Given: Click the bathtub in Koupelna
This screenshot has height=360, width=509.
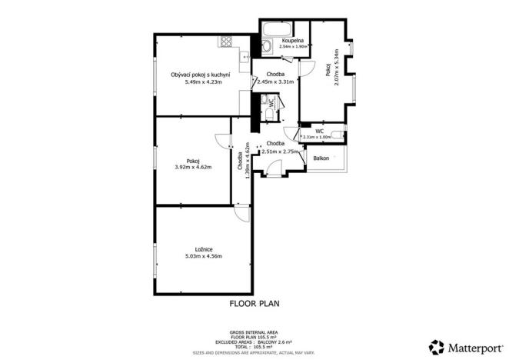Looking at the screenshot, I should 274,31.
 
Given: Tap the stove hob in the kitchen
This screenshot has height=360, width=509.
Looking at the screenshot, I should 226,42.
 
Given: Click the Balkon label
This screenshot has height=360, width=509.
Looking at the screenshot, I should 321,158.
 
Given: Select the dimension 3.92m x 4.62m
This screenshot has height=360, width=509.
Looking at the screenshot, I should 193,167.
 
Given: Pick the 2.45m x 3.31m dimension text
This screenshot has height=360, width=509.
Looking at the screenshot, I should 275,82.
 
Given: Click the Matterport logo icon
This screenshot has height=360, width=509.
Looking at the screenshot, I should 436,346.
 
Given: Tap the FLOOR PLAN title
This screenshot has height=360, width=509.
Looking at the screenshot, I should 254,304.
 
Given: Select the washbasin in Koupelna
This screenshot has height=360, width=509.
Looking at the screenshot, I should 264,46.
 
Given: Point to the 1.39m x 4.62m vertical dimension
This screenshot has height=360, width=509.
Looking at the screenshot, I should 247,162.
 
